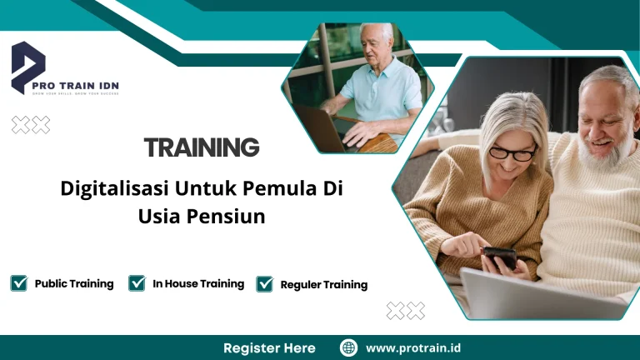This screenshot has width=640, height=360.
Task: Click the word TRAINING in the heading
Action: tap(202, 148)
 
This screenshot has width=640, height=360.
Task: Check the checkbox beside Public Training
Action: tap(18, 283)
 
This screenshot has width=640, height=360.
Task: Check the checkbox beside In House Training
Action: tap(137, 283)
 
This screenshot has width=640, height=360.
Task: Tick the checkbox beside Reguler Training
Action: tap(265, 284)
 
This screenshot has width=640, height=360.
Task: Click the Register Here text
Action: tap(269, 347)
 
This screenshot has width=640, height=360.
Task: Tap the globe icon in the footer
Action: tap(348, 347)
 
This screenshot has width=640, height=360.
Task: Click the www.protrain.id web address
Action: tap(414, 347)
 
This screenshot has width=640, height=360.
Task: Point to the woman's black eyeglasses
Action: tap(512, 153)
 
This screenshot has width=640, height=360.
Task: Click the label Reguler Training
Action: tap(324, 284)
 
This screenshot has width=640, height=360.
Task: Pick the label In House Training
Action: tap(198, 283)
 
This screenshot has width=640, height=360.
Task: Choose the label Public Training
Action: tap(74, 283)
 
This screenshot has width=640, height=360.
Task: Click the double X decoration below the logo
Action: tap(31, 125)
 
